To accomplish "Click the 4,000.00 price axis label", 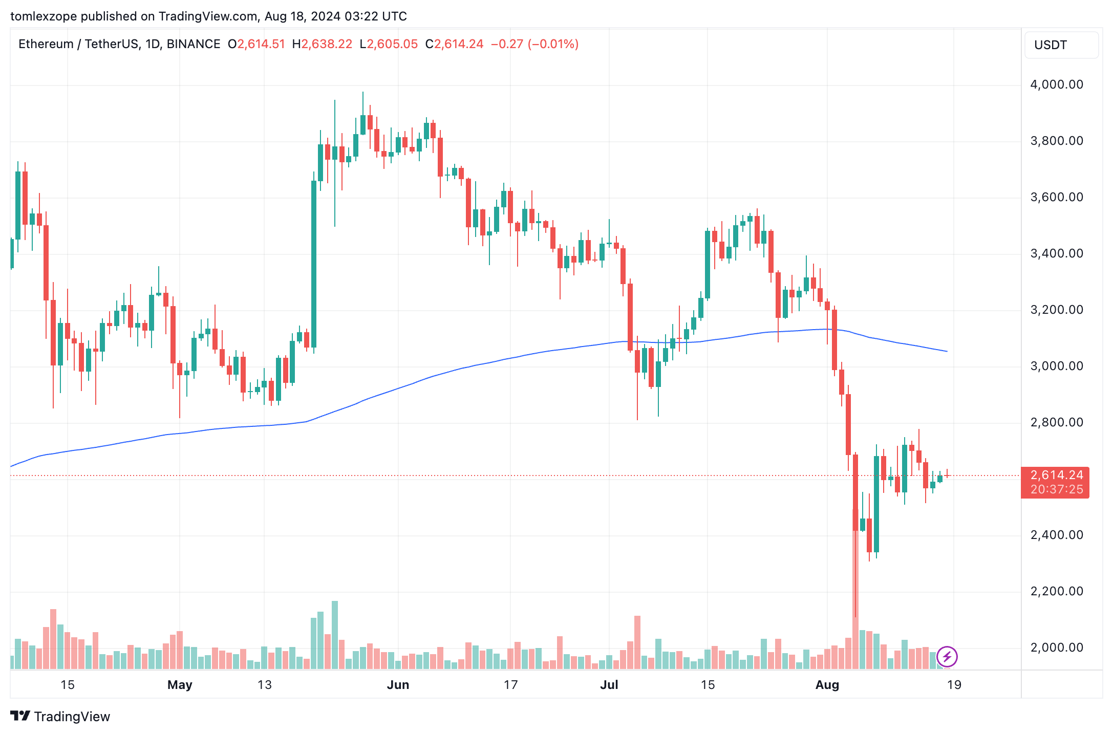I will [x=1056, y=84].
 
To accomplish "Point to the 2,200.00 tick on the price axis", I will [x=1056, y=591].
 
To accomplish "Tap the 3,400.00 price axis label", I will [x=1056, y=253].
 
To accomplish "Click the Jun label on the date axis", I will [x=398, y=685].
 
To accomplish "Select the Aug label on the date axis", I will [x=827, y=685].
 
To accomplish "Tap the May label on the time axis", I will [x=180, y=685].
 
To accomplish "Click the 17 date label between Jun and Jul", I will [x=510, y=685].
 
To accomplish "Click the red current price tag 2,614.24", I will [x=1056, y=475].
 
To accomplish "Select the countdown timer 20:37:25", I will [x=1056, y=489].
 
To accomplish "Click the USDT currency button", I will [x=1061, y=45].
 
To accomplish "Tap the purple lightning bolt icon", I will [x=947, y=656].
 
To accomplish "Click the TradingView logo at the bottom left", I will [x=60, y=716].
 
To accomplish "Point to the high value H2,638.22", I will [x=322, y=44].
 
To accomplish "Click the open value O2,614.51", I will [x=256, y=44].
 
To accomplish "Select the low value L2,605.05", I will [x=389, y=44].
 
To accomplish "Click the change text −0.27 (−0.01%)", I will [x=534, y=44].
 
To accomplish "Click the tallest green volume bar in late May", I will [x=335, y=635].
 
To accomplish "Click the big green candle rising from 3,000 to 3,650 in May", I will [x=314, y=264].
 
